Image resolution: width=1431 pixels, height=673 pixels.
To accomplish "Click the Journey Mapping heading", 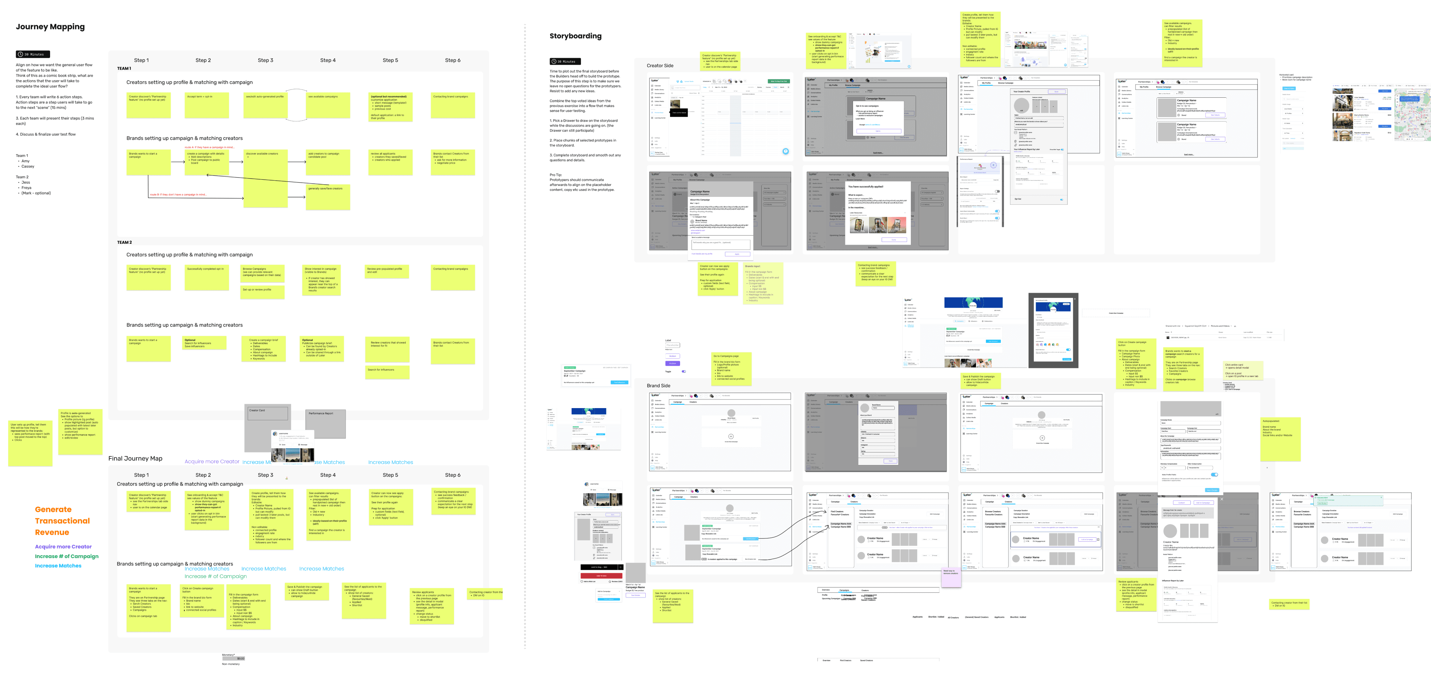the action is coord(50,27).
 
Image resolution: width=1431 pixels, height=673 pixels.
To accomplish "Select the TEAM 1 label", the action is coord(124,68).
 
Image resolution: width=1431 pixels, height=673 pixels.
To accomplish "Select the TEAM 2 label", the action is coord(124,242).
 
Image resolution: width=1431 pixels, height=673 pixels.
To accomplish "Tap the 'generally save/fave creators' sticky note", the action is coord(328,197).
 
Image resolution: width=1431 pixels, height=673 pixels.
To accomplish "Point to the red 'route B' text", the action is coord(178,194).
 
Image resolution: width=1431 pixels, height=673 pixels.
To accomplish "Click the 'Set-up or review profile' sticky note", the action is coord(262,292).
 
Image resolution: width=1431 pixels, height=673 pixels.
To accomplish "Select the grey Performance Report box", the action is coord(326,423).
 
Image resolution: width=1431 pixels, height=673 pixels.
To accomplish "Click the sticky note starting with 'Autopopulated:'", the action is coord(1280,439).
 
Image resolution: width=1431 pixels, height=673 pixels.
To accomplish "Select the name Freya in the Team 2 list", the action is coord(26,188).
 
